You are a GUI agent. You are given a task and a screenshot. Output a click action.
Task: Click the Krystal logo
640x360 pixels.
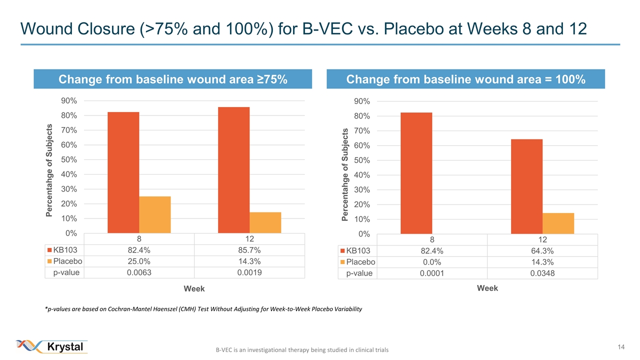[52, 346]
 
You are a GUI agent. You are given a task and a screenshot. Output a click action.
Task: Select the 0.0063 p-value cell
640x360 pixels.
[138, 272]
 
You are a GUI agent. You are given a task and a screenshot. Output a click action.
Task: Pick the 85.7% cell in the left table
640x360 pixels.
[249, 250]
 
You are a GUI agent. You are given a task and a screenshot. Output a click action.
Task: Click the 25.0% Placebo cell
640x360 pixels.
[138, 261]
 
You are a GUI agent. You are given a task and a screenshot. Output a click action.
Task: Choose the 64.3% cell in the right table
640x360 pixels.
[542, 250]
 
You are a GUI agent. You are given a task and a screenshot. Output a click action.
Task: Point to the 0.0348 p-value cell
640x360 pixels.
[542, 273]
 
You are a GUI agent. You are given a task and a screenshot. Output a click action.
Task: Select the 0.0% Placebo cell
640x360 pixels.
[432, 262]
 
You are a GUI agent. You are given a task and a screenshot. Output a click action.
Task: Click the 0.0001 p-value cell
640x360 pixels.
[432, 273]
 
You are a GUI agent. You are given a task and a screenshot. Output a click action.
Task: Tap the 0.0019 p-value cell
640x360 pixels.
[249, 272]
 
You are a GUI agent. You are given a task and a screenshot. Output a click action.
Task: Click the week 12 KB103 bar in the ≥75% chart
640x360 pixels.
[233, 170]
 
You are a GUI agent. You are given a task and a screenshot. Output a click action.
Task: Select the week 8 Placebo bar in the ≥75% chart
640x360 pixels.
[155, 214]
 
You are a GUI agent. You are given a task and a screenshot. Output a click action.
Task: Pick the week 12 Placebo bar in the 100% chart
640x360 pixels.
[558, 223]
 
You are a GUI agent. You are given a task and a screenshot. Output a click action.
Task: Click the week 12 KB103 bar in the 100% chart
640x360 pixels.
[526, 186]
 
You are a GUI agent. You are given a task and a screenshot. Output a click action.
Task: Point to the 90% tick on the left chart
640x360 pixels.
[68, 100]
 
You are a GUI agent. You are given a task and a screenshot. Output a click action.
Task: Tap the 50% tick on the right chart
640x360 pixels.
[362, 160]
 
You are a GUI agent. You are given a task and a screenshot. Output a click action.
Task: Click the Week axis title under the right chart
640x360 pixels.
[487, 288]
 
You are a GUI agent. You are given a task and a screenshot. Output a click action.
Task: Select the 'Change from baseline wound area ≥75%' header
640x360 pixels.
[173, 79]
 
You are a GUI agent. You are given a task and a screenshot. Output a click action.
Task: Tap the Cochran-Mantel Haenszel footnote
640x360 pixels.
[203, 309]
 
